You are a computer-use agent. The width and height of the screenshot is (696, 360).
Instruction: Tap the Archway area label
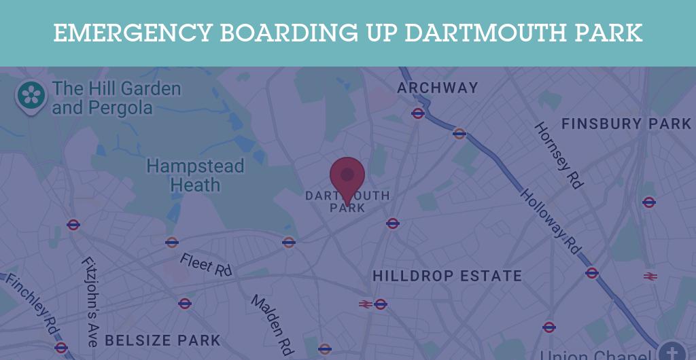[438, 88]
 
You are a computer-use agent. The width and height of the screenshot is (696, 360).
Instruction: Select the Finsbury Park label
[626, 124]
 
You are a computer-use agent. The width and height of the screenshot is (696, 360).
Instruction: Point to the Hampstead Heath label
[195, 175]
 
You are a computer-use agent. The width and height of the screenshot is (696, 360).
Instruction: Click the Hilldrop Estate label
[447, 276]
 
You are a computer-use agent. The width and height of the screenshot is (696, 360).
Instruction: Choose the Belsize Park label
[162, 340]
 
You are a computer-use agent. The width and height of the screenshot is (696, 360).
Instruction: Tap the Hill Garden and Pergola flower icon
[31, 94]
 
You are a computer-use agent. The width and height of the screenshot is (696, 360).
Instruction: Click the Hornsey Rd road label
[559, 156]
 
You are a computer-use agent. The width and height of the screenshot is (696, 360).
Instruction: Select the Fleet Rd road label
[206, 264]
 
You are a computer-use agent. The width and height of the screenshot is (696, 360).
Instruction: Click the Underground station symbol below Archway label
[418, 113]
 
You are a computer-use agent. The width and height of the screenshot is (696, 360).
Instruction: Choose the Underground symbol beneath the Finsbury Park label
[649, 202]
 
